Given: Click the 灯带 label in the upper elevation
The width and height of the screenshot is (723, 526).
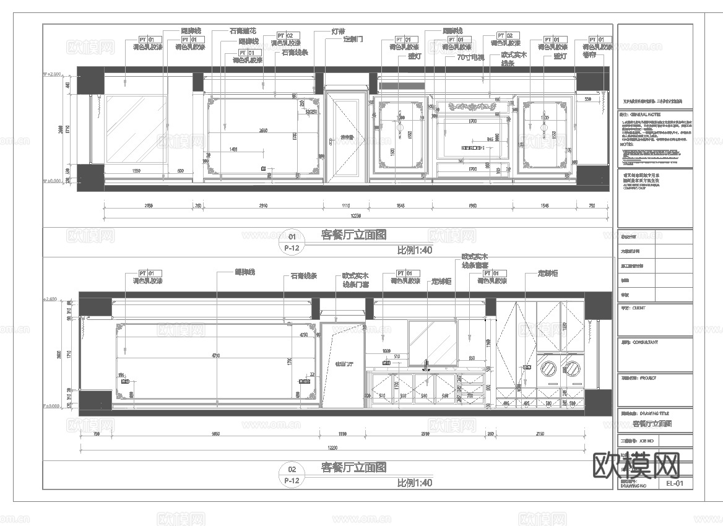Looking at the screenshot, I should [x=338, y=31].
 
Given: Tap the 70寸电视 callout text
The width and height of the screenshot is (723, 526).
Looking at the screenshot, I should [x=470, y=57].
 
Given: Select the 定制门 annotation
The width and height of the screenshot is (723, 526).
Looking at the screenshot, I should [x=352, y=39].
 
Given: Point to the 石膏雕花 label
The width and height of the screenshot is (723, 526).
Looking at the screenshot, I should [x=243, y=30].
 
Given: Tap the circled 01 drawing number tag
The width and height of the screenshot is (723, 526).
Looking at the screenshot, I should [x=293, y=236].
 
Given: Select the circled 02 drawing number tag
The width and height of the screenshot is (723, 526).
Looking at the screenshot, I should [x=293, y=469].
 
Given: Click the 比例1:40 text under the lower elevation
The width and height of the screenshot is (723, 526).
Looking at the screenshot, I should [x=414, y=483].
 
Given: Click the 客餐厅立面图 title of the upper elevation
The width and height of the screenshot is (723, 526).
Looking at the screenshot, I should [x=354, y=235].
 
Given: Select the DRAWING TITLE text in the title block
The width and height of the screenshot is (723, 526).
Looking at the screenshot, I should [x=656, y=413].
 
